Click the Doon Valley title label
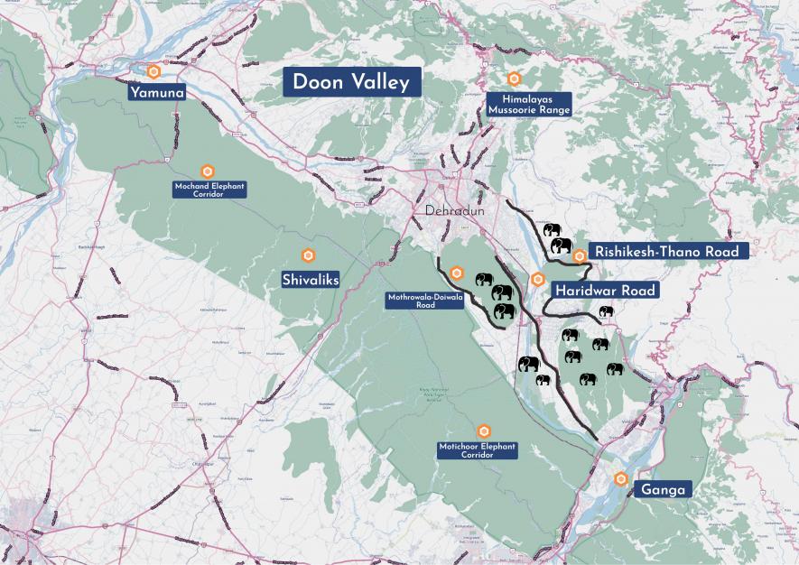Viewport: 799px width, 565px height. [350, 82]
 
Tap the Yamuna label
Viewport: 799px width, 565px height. [157, 91]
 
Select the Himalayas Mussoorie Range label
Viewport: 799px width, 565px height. [529, 103]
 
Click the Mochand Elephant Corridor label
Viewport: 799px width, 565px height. [209, 190]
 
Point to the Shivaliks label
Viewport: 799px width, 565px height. [310, 281]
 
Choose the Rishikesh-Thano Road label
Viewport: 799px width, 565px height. [668, 251]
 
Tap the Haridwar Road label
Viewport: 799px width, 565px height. [605, 291]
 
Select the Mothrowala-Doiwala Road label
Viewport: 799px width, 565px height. [425, 301]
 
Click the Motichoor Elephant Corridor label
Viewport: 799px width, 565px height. [478, 450]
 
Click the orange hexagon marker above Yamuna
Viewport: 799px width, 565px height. [155, 70]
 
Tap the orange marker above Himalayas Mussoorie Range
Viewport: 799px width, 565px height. [514, 79]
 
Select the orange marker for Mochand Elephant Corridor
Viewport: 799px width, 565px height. [207, 171]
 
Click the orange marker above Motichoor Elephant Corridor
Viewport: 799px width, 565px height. [484, 431]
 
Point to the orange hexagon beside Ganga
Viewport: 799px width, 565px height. [620, 478]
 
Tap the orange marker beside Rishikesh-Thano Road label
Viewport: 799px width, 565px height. [580, 256]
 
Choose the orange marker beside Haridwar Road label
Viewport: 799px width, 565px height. [538, 279]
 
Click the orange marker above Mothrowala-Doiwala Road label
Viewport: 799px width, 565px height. [458, 273]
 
